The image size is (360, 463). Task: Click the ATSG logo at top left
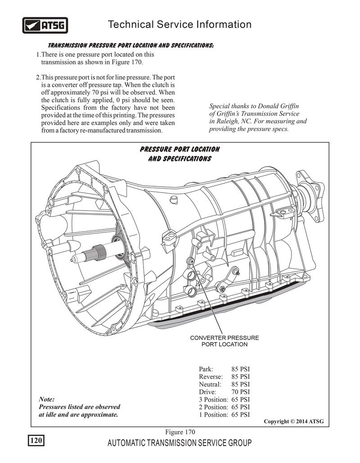(45, 26)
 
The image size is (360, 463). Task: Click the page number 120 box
(36, 441)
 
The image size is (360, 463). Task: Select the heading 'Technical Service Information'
(180, 24)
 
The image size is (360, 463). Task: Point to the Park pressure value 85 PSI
(241, 369)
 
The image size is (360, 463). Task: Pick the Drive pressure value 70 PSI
(241, 392)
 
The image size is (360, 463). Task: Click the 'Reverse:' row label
(211, 377)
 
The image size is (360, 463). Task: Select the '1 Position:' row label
(213, 415)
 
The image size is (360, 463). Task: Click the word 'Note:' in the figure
(47, 400)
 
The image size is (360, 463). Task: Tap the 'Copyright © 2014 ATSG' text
(293, 422)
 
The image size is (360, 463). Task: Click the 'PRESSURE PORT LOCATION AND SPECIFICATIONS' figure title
(180, 154)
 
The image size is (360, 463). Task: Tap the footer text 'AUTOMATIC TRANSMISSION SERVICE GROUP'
(180, 443)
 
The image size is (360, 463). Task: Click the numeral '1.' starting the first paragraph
(38, 54)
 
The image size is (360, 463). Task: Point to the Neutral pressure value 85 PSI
(241, 384)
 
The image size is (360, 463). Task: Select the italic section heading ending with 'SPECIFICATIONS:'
(130, 46)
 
